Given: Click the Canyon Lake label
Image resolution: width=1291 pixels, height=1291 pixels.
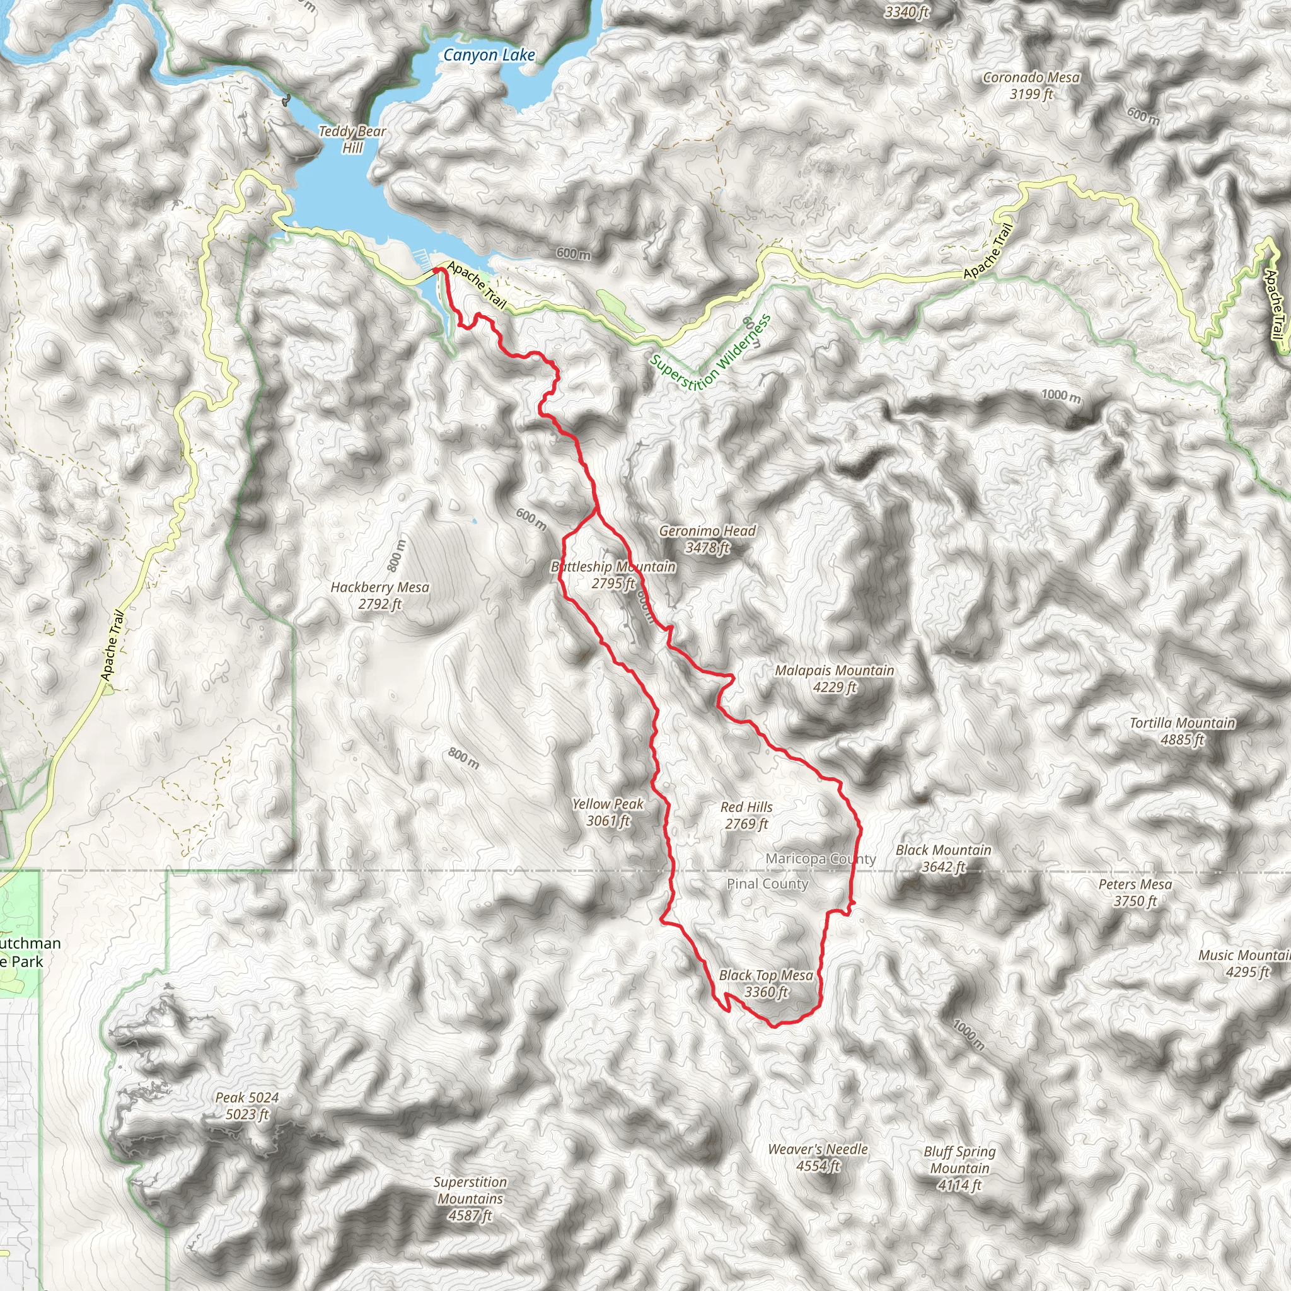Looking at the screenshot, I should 489,55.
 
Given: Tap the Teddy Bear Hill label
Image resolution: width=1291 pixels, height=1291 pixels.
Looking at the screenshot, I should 352,139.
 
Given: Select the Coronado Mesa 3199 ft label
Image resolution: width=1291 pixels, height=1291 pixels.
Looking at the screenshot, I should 1031,86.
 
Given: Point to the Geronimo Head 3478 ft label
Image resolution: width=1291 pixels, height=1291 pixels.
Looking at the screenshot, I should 707,539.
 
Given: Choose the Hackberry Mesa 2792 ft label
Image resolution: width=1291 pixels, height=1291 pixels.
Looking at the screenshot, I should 379,595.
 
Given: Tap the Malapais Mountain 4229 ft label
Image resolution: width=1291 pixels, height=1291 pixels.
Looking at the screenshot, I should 834,678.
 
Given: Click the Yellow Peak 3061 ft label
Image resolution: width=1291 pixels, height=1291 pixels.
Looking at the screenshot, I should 608,812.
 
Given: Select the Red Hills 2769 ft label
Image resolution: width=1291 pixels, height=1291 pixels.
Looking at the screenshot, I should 746,815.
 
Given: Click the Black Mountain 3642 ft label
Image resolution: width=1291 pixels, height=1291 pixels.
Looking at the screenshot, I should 943,858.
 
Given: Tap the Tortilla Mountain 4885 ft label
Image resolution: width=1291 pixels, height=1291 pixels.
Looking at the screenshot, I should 1182,731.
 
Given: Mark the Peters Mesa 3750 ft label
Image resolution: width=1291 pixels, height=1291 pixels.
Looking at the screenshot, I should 1135,892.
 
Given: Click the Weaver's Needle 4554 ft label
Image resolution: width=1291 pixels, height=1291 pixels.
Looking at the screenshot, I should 817,1157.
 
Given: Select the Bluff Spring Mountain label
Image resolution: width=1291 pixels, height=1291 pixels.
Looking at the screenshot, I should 959,1168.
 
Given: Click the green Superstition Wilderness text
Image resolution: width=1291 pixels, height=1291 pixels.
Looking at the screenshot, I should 710,351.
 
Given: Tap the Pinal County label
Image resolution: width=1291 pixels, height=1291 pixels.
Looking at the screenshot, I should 767,884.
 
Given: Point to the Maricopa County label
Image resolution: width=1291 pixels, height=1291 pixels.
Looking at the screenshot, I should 820,859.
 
